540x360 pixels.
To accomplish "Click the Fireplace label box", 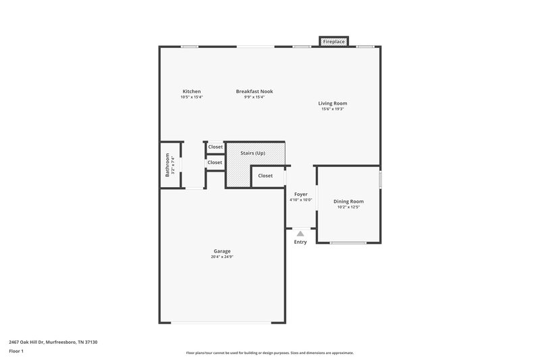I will [x=334, y=42].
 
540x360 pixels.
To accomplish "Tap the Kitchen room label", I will [x=192, y=91].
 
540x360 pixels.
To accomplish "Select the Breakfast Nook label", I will [x=254, y=91].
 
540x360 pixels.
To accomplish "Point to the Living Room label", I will [x=333, y=103].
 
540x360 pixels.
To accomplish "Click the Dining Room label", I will [x=348, y=201].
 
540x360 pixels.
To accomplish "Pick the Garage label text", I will [x=222, y=251].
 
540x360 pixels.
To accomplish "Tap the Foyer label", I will [x=300, y=194].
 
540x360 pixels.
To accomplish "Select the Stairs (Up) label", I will [x=252, y=153].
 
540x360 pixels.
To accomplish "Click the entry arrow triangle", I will [x=300, y=234].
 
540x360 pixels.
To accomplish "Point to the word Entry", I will [x=300, y=242].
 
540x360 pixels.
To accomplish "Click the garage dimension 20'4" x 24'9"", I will [x=222, y=257].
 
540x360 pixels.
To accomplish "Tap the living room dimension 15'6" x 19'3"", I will [x=333, y=109].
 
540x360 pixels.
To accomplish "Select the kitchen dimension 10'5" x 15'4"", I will [x=192, y=97].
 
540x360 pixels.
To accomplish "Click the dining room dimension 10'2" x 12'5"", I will [x=348, y=207].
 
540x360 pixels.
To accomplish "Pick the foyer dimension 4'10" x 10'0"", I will [x=300, y=199].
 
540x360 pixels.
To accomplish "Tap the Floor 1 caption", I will [x=16, y=351].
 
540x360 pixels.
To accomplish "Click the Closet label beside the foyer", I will [x=265, y=176].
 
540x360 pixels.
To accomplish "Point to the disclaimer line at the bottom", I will [x=270, y=353].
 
